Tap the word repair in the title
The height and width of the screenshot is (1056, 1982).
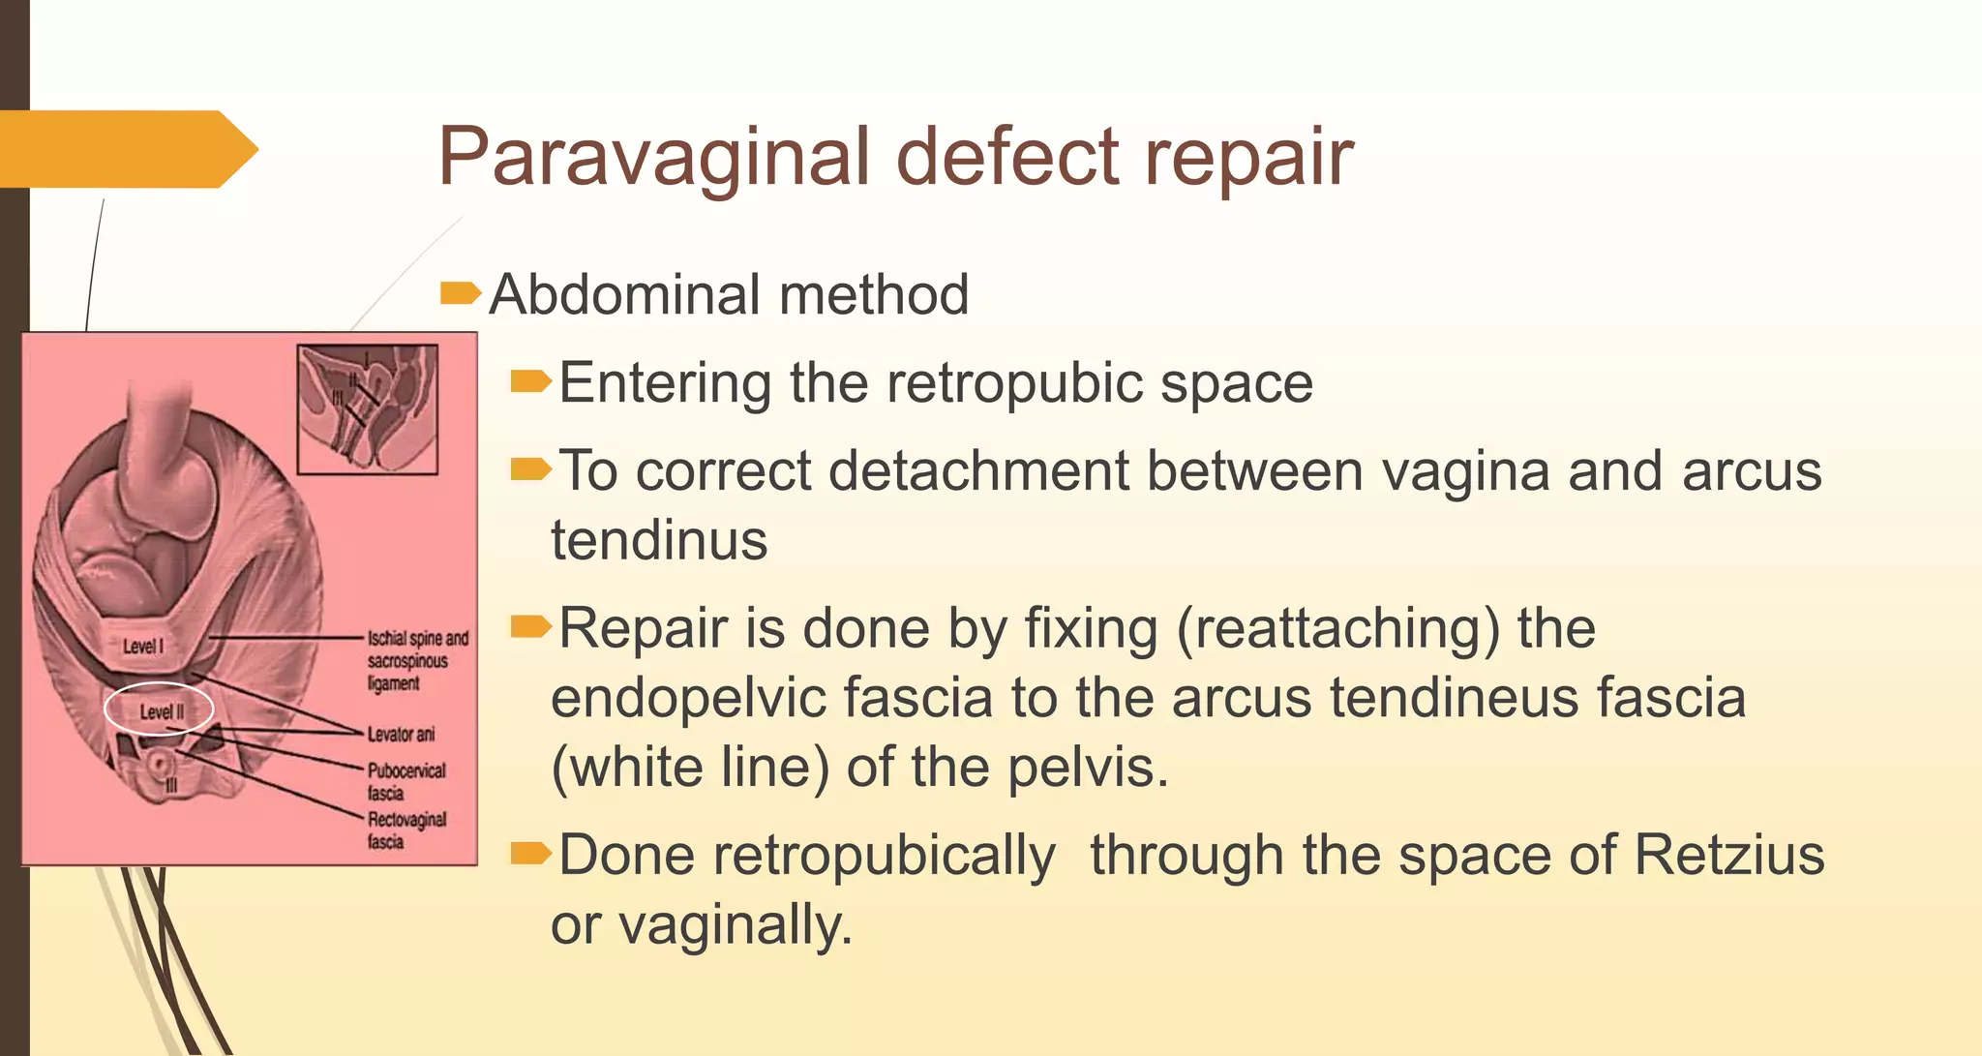1248,157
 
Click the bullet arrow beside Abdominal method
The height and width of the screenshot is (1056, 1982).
459,292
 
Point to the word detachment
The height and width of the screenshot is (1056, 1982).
978,472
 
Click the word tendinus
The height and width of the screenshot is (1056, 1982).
659,540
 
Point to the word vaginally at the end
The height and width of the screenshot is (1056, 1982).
736,925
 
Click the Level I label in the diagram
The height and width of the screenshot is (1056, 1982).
143,647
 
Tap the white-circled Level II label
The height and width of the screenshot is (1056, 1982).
160,711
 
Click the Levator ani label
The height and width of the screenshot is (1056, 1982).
401,735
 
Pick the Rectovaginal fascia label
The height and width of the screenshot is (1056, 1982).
406,830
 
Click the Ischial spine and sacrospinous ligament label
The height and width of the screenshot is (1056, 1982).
416,661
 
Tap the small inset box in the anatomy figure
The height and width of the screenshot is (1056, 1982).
368,408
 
